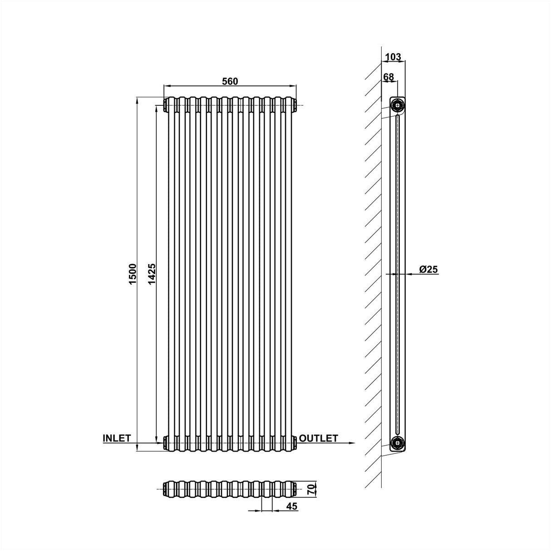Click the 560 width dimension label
tap(230, 81)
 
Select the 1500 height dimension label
tap(133, 274)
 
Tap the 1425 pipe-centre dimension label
tap(152, 274)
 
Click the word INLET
tap(117, 438)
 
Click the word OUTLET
tap(319, 438)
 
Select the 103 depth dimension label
tap(393, 57)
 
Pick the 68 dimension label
tap(389, 77)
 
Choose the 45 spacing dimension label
tap(292, 507)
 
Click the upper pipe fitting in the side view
tap(398, 105)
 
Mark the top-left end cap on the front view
tap(165, 105)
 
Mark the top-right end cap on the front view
tap(296, 105)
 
